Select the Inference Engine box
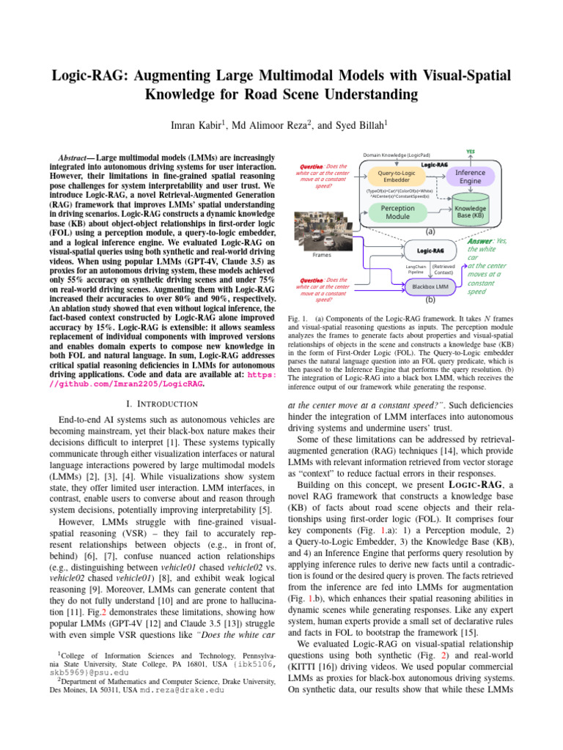470,177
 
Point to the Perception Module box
397,212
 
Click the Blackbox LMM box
430,286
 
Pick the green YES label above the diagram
470,152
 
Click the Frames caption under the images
321,256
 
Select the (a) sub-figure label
430,230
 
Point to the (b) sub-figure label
430,300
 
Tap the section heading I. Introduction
161,404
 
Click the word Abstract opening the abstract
74,157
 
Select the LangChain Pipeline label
416,269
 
